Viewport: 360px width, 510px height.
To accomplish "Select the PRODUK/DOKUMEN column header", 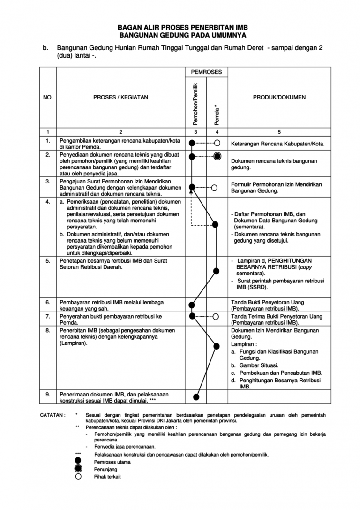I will [279, 98].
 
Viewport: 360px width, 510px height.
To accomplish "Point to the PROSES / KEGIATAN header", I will [120, 98].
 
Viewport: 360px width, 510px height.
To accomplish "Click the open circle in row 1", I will [217, 143].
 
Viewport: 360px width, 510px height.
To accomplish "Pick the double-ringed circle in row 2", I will [217, 157].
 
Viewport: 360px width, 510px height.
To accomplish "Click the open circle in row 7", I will [216, 316].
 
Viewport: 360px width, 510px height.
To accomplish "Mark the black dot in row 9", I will [196, 397].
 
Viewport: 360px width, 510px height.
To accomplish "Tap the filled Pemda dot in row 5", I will [216, 271].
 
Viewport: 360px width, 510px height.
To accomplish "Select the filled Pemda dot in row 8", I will [216, 346].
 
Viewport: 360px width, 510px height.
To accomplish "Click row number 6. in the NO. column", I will [48, 303].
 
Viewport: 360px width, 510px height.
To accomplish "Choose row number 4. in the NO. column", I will [48, 202].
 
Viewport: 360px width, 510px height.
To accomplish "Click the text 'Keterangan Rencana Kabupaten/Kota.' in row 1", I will [278, 144].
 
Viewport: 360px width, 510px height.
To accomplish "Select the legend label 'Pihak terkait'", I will [107, 477].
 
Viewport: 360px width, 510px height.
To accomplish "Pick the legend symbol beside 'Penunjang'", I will [78, 469].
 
